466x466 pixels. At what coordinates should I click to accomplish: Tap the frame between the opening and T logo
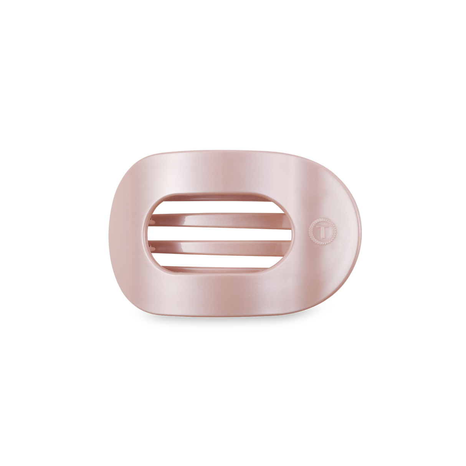[299, 232]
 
